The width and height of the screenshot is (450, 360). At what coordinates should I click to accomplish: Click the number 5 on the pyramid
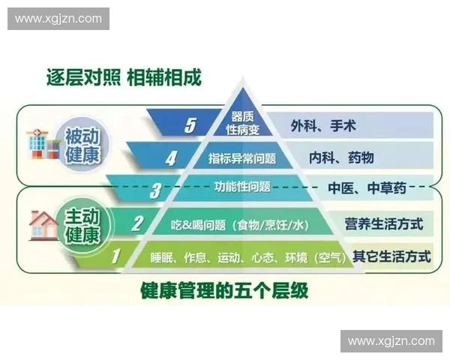click(190, 124)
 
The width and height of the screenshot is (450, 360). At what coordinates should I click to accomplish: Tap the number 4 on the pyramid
click(171, 158)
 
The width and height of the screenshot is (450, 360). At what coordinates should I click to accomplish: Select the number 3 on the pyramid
click(154, 190)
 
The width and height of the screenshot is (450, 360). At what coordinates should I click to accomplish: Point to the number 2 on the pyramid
click(136, 223)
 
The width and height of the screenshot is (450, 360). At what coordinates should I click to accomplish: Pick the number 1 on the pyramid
click(116, 256)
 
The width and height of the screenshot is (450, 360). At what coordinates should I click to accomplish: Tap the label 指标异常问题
click(242, 158)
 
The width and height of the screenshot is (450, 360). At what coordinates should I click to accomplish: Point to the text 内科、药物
click(341, 157)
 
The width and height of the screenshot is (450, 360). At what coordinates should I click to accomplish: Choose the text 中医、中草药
click(366, 188)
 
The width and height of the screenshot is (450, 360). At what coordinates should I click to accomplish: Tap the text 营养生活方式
click(384, 223)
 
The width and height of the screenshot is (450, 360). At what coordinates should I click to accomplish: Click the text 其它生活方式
click(391, 256)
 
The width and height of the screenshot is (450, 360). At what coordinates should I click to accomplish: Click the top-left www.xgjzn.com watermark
click(59, 18)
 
